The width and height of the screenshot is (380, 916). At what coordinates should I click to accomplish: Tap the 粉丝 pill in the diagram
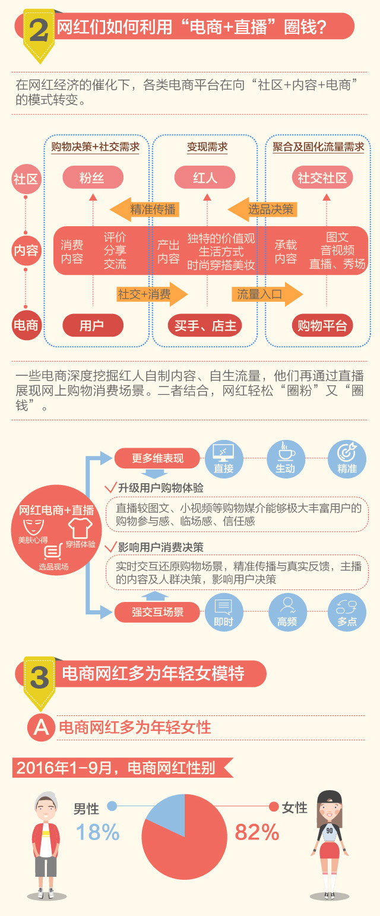[x=92, y=178]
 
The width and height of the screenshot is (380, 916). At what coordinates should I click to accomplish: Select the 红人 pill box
[x=205, y=178]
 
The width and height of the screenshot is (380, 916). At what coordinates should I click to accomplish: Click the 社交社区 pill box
[x=322, y=178]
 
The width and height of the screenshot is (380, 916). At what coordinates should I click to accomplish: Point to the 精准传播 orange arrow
[x=145, y=209]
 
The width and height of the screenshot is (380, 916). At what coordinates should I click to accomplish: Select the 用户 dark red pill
[x=92, y=325]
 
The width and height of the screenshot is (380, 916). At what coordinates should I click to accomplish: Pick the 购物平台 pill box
[x=322, y=325]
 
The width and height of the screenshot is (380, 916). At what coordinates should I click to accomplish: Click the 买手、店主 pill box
[x=205, y=325]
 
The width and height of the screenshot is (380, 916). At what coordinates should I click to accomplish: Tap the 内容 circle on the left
[x=26, y=251]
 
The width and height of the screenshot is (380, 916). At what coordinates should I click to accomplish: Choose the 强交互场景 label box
[x=157, y=612]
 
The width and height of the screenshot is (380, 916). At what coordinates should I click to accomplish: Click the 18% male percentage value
[x=97, y=832]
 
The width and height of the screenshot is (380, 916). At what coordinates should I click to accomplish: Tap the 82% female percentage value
[x=256, y=832]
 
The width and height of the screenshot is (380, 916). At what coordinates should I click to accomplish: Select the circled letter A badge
[x=41, y=727]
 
